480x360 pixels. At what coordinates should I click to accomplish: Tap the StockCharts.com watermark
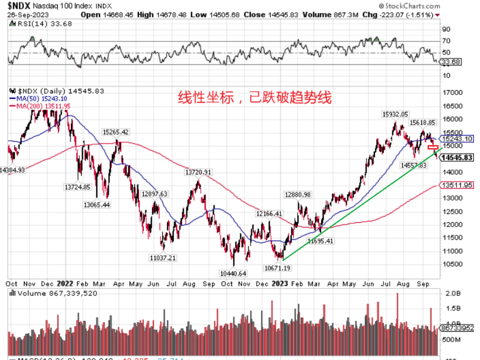(412, 6)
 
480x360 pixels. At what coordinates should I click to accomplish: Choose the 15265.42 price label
(116, 132)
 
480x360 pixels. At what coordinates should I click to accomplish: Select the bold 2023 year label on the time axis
(280, 284)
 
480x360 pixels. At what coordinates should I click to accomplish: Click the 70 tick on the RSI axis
(446, 42)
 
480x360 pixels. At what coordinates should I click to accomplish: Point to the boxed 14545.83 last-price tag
(457, 158)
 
